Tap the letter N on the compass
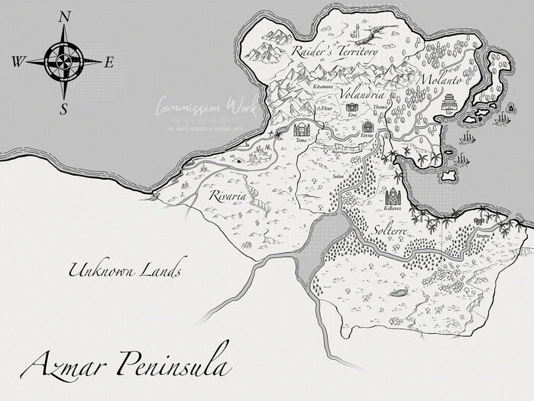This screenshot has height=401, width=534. [65, 15]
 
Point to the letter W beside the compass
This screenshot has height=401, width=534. [18, 62]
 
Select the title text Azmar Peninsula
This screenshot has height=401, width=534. [125, 366]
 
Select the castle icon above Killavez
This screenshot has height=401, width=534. [393, 196]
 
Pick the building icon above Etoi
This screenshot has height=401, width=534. [351, 108]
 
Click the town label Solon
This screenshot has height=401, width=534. [339, 177]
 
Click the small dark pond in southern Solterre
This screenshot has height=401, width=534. [398, 293]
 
